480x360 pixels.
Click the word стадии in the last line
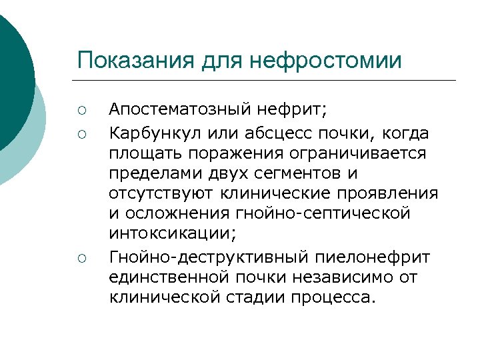[256, 297]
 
